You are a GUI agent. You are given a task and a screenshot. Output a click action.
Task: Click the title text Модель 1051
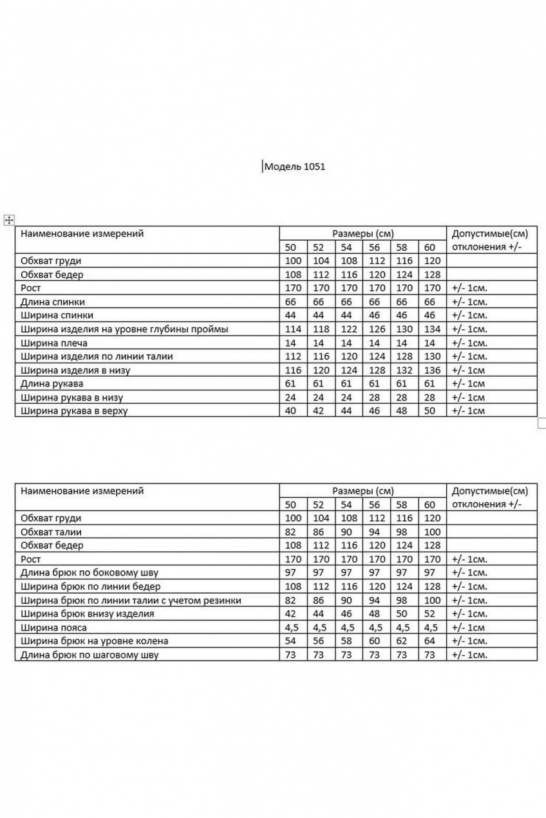click(x=296, y=167)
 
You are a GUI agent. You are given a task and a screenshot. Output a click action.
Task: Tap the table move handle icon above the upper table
click(x=9, y=220)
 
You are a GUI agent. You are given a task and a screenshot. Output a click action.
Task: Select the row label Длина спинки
click(x=53, y=302)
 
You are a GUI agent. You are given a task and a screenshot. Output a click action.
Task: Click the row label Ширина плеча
click(x=54, y=343)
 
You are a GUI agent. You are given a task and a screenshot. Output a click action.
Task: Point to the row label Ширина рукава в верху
click(x=74, y=411)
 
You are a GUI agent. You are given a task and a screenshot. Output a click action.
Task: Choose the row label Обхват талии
click(x=51, y=532)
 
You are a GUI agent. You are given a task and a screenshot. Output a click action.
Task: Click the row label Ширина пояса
click(x=53, y=627)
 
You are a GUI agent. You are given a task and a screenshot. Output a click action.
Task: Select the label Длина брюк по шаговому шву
click(x=89, y=655)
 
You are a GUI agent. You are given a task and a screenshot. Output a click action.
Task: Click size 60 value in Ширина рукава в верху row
click(x=430, y=411)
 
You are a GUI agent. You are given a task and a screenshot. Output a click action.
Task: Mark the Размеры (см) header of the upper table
click(x=362, y=233)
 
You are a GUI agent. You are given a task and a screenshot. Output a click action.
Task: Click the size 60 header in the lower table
click(x=430, y=505)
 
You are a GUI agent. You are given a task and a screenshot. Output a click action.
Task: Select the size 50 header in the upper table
click(x=290, y=248)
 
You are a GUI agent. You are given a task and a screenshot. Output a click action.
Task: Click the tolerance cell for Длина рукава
click(x=469, y=384)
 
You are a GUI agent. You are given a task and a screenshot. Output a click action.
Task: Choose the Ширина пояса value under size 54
click(x=346, y=627)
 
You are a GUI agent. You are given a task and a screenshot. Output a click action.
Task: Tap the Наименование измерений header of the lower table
click(x=82, y=491)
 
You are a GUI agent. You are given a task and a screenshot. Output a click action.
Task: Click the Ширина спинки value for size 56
click(x=375, y=316)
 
